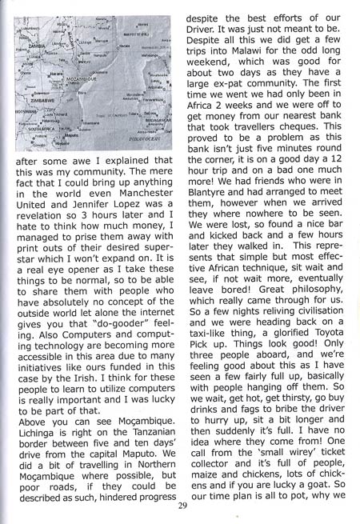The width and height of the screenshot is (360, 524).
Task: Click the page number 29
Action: coord(182,505)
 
